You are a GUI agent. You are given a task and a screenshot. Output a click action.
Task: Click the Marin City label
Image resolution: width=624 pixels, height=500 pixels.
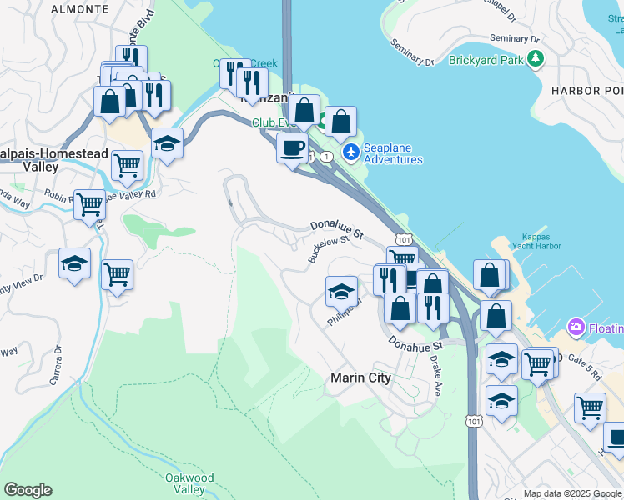360,377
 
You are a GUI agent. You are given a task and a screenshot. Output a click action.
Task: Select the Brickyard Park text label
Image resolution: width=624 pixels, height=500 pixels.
485,60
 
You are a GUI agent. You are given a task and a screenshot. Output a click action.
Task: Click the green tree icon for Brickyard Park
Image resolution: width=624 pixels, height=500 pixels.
536,59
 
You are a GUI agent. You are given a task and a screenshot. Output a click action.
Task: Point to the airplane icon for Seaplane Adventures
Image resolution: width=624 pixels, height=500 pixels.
351,152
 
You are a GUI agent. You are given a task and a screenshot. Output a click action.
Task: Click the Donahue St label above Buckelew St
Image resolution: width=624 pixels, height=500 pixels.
337,230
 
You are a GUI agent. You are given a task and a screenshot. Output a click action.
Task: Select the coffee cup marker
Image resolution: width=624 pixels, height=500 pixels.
292,148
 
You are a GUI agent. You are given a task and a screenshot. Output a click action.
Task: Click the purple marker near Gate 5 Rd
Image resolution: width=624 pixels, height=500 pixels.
576,326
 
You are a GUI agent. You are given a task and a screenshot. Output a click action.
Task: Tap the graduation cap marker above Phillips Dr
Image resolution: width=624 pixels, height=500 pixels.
341,292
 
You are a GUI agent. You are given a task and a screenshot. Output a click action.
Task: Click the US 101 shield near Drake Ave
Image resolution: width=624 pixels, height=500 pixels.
474,422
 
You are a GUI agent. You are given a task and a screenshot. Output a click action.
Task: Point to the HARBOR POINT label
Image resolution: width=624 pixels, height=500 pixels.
588,90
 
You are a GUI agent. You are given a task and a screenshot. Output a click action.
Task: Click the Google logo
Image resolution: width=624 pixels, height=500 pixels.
28,490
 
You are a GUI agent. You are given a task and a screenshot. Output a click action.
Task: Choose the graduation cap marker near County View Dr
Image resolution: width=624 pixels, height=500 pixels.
74,264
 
